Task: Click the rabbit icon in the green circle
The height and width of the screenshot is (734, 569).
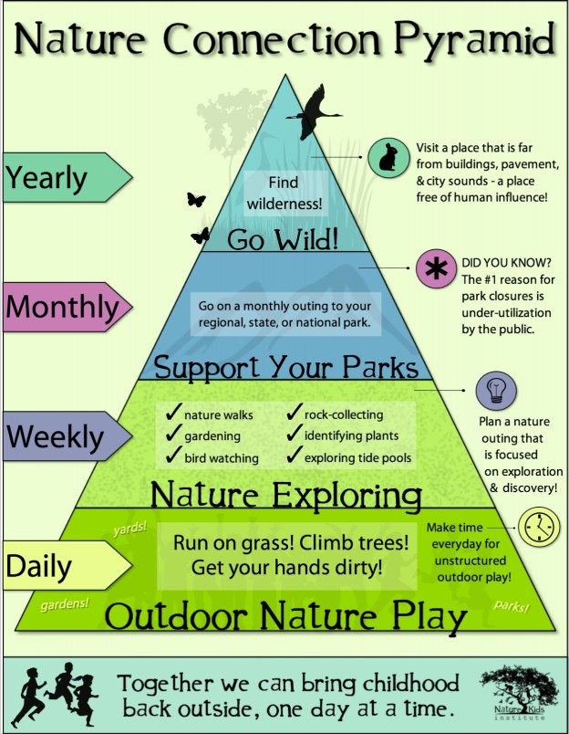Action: click(388, 158)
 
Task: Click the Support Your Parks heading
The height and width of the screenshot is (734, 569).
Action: click(285, 366)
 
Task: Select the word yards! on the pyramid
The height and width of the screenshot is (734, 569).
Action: click(129, 528)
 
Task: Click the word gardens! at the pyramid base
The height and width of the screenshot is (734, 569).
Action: click(67, 603)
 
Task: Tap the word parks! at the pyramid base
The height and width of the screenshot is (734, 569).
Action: click(512, 604)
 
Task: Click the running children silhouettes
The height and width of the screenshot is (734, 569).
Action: click(57, 694)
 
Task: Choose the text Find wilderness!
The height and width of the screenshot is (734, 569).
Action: click(283, 191)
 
